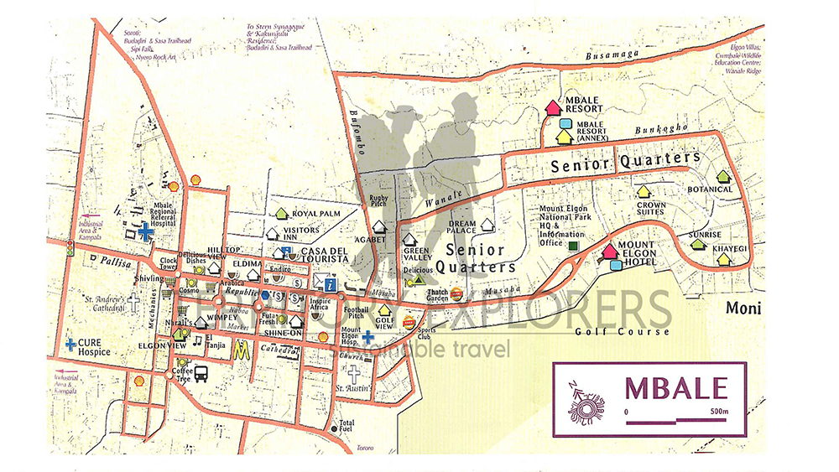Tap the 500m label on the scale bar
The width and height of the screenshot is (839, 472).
click(718, 412)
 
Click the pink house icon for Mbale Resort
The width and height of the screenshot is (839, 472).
click(552, 107)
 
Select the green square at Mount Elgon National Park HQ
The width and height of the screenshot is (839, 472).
click(573, 246)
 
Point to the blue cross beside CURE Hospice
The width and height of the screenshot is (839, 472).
click(70, 343)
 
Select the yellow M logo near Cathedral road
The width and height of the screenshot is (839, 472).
click(242, 349)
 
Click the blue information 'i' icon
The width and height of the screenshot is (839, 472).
click(331, 285)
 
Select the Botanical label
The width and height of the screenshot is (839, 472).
click(710, 189)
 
